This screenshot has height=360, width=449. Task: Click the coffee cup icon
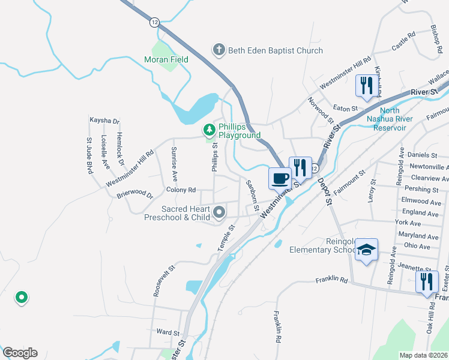pyautogui.click(x=280, y=178)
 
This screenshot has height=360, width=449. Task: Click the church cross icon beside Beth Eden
pyautogui.click(x=219, y=50)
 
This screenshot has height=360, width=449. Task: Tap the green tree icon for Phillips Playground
pyautogui.click(x=209, y=129)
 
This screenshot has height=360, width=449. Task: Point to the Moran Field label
pyautogui.click(x=166, y=59)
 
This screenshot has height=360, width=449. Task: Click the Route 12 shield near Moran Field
pyautogui.click(x=155, y=22)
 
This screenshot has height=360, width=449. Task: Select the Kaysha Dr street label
pyautogui.click(x=105, y=121)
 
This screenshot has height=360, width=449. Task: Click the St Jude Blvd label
pyautogui.click(x=89, y=156)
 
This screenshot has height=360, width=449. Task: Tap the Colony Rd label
pyautogui.click(x=181, y=190)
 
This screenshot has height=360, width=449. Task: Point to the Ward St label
pyautogui.click(x=167, y=332)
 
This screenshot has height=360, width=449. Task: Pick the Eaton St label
pyautogui.click(x=346, y=109)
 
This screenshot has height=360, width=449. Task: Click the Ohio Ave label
pyautogui.click(x=417, y=246)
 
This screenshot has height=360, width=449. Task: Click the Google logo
pyautogui.click(x=20, y=353)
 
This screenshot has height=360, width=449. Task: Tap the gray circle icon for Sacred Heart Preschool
pyautogui.click(x=219, y=212)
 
